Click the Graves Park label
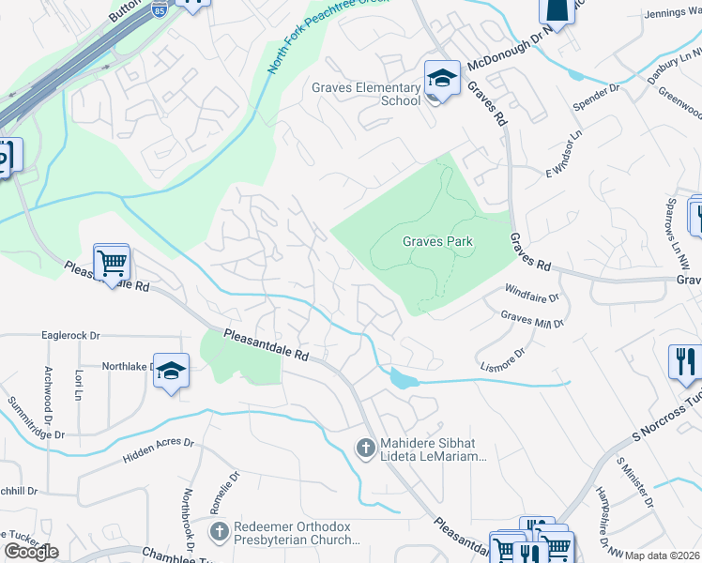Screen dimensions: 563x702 (x=437, y=241)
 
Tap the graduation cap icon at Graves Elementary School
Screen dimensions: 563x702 (x=441, y=80)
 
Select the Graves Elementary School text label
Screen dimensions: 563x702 (x=366, y=94)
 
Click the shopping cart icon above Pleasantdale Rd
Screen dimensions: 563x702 (x=112, y=263)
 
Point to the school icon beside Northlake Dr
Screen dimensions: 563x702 (x=171, y=372)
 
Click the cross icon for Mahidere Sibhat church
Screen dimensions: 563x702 (x=366, y=447)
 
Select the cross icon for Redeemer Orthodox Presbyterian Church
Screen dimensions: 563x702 (x=218, y=532)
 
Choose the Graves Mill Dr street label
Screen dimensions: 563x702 (x=531, y=320)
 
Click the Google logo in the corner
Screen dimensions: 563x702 (x=31, y=552)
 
